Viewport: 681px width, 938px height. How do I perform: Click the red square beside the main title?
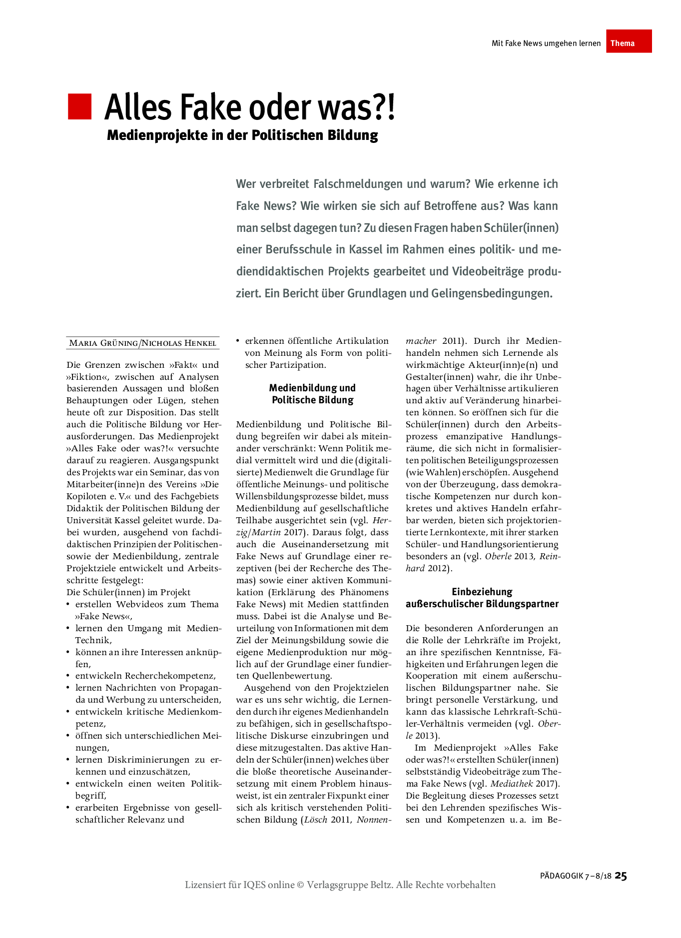tap(80, 106)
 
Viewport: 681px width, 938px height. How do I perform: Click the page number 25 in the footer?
tap(621, 875)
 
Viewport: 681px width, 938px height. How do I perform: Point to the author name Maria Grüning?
tap(103, 343)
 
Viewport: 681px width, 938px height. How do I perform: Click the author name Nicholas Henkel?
tap(179, 343)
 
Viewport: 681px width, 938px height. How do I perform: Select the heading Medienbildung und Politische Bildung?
tap(312, 394)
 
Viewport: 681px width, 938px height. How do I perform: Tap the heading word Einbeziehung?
tap(482, 592)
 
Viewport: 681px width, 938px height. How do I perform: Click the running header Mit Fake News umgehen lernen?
tap(546, 43)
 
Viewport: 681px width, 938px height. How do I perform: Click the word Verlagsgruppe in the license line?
tap(337, 885)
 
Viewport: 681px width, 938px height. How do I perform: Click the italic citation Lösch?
tap(315, 820)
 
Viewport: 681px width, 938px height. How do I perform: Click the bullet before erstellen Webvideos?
tap(68, 605)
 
